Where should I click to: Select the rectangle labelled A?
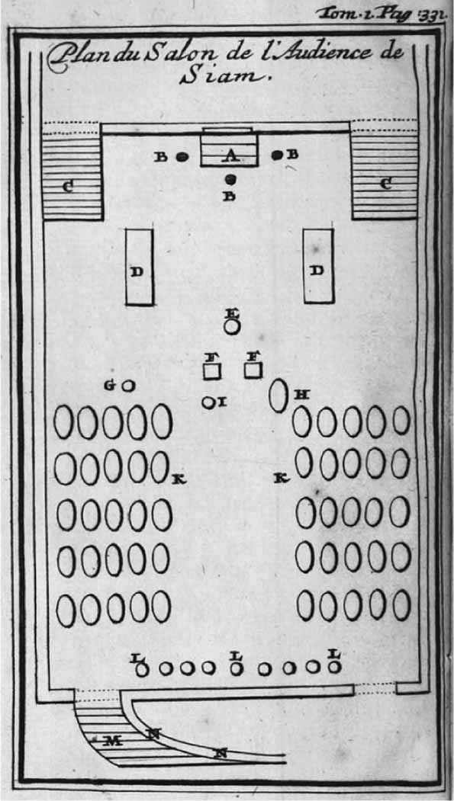[229, 149]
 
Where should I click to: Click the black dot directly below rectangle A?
[230, 179]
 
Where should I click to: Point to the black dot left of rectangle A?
[180, 156]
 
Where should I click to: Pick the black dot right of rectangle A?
[278, 154]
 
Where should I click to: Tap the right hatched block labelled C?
[385, 175]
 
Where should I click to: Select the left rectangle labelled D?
[139, 267]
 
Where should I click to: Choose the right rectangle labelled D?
[318, 266]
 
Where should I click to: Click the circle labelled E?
[232, 326]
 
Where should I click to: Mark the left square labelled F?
[212, 371]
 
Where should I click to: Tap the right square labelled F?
[253, 370]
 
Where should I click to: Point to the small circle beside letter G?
[129, 386]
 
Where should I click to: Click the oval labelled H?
[279, 396]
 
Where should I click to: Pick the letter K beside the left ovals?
[178, 479]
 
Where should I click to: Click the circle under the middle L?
[236, 668]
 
